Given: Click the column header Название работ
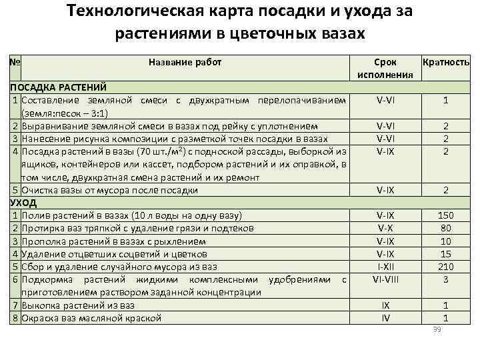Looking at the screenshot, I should click(185, 62).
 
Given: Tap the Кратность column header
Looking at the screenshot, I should click(446, 62).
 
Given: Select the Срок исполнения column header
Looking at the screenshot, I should click(385, 68).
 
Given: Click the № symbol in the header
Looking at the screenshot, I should click(15, 62).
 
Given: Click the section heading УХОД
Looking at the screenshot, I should click(23, 203).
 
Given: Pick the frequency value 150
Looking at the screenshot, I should click(445, 215).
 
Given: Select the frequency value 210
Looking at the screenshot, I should click(445, 266).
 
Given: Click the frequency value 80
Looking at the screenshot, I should click(445, 228).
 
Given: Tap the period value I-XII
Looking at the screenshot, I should click(385, 266).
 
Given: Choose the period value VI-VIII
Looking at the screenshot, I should click(385, 279).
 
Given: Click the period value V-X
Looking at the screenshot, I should click(385, 228).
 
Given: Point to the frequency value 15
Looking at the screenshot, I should click(445, 253).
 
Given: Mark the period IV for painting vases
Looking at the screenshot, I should click(385, 317).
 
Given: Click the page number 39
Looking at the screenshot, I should click(438, 330).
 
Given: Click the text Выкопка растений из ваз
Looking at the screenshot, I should click(78, 305).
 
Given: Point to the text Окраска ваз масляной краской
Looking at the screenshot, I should click(91, 317).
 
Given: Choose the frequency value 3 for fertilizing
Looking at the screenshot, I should click(445, 279).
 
